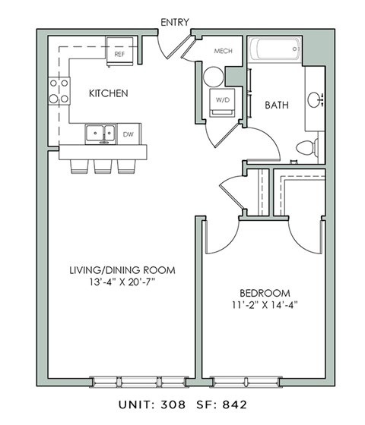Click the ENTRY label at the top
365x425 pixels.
(x=175, y=23)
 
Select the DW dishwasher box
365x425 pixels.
(x=129, y=134)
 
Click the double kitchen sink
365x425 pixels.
(x=100, y=134)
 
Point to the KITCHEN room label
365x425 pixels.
(x=108, y=94)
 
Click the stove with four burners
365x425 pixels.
(x=59, y=90)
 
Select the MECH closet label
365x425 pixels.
(x=223, y=52)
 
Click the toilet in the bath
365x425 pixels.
(x=307, y=148)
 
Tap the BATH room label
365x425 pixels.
(x=275, y=105)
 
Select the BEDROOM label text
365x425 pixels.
(x=265, y=293)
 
